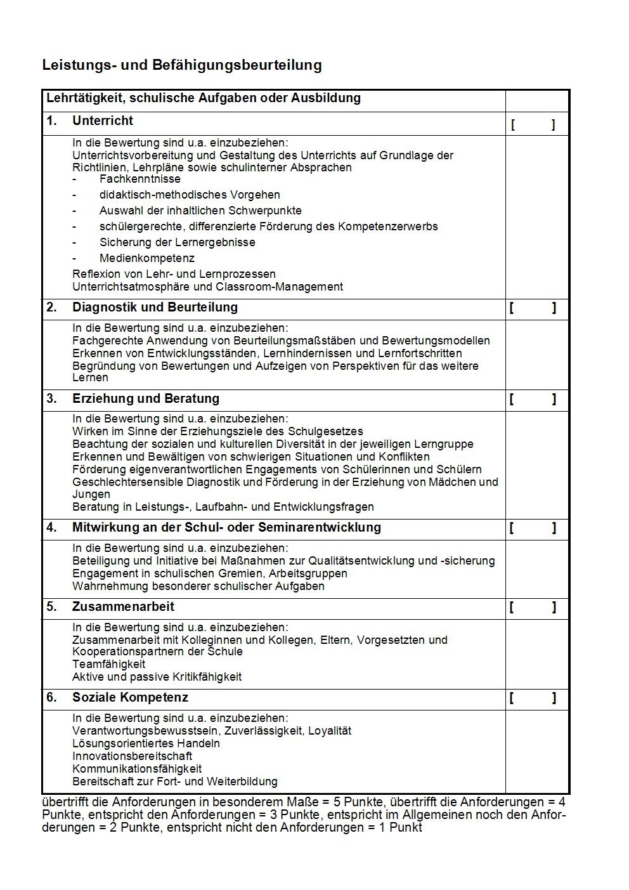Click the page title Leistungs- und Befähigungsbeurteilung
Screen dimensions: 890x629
pos(182,65)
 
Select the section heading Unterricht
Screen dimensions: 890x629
pos(103,121)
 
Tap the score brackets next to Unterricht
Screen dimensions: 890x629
pos(533,125)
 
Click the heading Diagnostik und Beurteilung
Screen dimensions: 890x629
pos(155,308)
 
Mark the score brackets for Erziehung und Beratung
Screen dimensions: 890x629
pos(533,400)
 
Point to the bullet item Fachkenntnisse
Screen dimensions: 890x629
pos(140,180)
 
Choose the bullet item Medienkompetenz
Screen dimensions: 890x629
pos(147,258)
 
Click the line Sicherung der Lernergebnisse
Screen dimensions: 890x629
pos(178,242)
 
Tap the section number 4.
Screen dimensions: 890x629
pos(51,528)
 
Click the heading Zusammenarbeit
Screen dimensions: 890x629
pos(123,607)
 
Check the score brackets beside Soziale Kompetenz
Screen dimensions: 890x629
pos(533,698)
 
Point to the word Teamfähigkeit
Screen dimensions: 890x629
pos(108,664)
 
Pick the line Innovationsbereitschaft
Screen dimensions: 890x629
pos(132,756)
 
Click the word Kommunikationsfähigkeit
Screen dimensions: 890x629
pos(137,769)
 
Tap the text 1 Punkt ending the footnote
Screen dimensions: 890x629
pos(401,828)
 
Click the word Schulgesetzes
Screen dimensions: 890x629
pos(326,431)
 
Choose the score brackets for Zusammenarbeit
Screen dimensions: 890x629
pos(533,608)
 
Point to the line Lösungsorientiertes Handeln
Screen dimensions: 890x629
pos(146,743)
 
